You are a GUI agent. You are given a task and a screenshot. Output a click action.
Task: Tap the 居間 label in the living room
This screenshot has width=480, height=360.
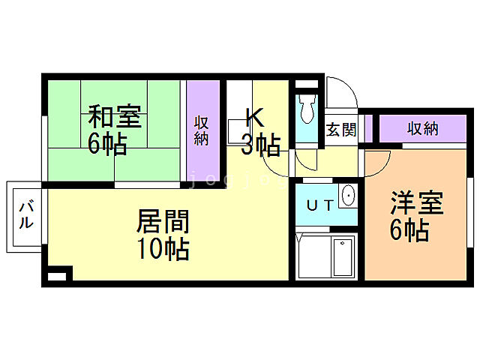[162, 221]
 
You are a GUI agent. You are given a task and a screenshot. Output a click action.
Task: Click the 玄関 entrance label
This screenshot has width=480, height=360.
[340, 129]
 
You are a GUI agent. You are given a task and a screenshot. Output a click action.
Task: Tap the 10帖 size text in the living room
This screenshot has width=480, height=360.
[162, 248]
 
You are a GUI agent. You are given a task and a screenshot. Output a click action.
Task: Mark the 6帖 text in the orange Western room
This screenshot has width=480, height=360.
[409, 230]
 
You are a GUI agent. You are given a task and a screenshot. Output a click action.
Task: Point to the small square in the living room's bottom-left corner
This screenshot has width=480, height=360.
[56, 276]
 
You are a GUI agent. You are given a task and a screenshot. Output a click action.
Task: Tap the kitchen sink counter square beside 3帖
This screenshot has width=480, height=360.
[236, 137]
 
